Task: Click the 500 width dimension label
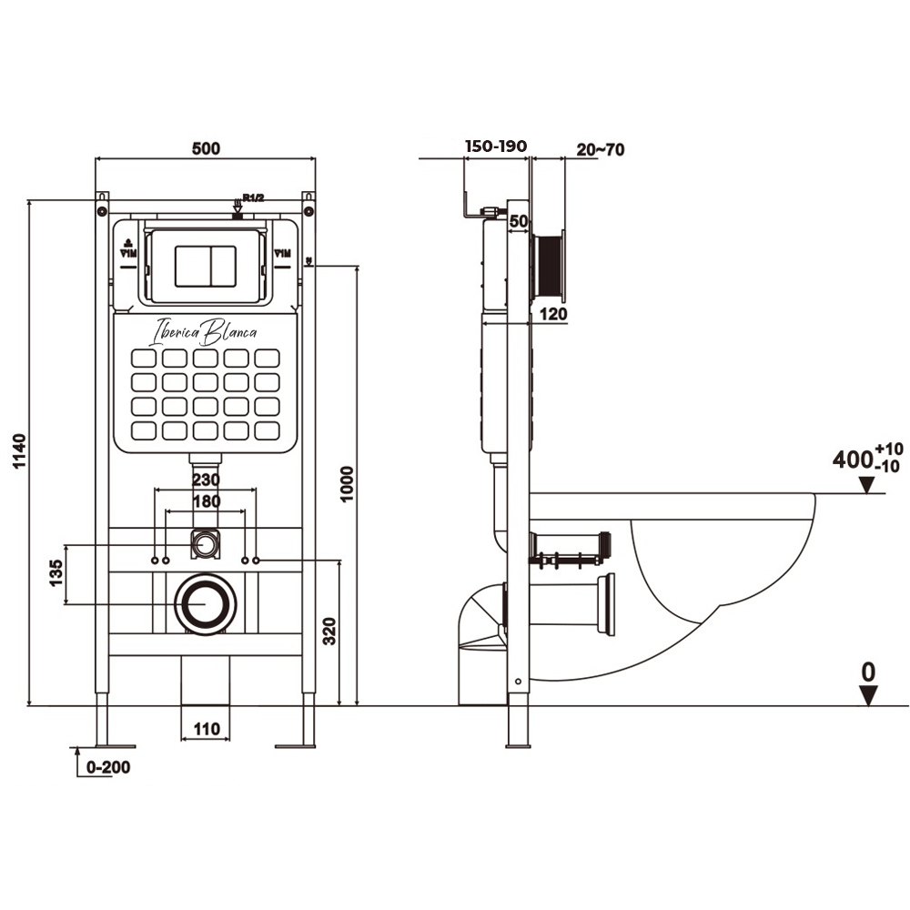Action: [x=207, y=148]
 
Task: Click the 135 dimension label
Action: [x=55, y=575]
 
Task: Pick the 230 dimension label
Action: [x=206, y=479]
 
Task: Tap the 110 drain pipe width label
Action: [x=207, y=728]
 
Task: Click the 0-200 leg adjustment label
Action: [x=108, y=767]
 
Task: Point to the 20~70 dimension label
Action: [x=600, y=149]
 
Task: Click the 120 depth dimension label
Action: [x=553, y=314]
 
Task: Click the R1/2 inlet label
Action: [x=251, y=197]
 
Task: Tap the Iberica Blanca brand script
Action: [x=206, y=330]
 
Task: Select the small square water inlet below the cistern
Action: [x=206, y=544]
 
